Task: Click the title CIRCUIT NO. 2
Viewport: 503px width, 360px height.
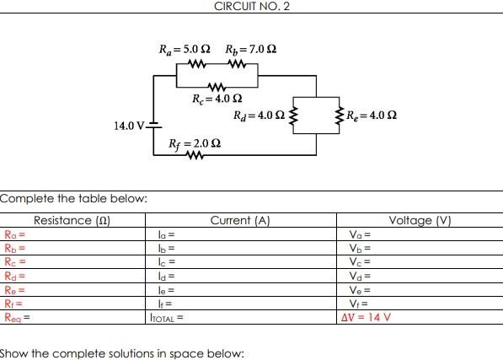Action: click(251, 6)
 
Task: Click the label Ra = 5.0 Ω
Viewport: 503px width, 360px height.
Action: click(185, 48)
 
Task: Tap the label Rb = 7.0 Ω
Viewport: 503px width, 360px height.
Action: click(250, 48)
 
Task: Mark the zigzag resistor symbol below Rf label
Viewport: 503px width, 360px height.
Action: click(195, 156)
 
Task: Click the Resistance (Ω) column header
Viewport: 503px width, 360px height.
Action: click(73, 221)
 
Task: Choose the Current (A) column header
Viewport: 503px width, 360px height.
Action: click(239, 221)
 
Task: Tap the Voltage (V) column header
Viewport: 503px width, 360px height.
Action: click(420, 221)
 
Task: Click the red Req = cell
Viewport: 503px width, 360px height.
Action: click(17, 318)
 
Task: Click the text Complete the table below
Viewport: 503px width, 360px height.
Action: click(73, 198)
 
